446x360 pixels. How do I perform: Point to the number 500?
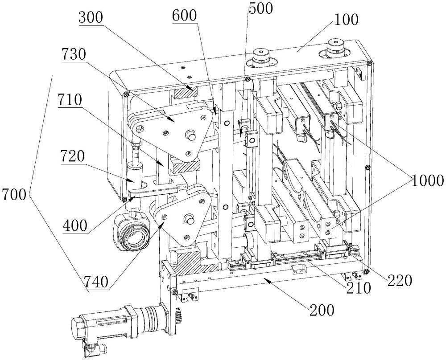(261, 8)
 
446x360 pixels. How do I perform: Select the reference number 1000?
(427, 180)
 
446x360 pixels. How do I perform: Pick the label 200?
(320, 311)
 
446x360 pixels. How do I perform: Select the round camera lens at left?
(133, 233)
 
